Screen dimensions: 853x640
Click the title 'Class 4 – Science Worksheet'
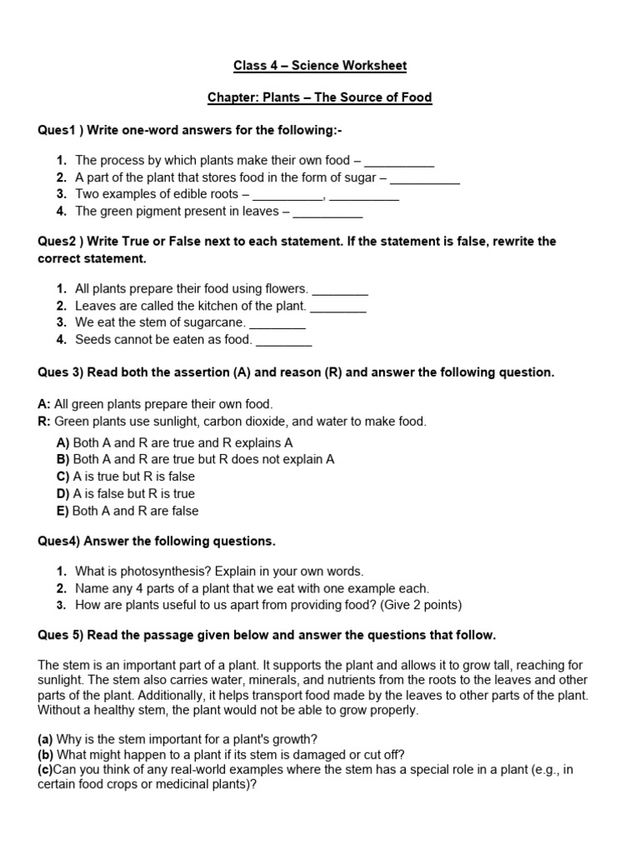[319, 66]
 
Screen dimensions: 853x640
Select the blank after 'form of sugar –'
[425, 177]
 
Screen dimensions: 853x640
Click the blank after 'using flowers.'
[340, 289]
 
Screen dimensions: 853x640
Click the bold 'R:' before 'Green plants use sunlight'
[45, 422]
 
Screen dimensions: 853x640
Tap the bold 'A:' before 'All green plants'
[45, 404]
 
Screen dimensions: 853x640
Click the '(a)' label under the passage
[46, 739]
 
